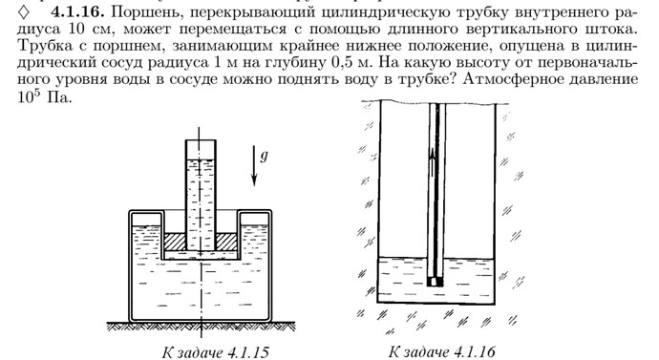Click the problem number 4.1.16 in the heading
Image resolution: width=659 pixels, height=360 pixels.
[x=77, y=11]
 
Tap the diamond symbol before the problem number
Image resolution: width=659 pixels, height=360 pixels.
[x=24, y=12]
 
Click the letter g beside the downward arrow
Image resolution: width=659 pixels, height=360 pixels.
[x=264, y=157]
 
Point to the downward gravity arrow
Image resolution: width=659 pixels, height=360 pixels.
[x=254, y=165]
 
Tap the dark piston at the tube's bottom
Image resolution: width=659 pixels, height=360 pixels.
[x=436, y=281]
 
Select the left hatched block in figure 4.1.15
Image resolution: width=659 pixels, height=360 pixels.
[x=175, y=242]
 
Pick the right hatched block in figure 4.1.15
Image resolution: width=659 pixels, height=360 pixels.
[x=226, y=242]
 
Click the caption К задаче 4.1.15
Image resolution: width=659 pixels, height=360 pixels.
[x=215, y=352]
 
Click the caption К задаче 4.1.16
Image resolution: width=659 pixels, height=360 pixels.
[x=441, y=351]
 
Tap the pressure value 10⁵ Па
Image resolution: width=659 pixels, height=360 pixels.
[x=45, y=97]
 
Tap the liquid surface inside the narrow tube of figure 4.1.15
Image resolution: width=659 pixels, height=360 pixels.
[x=201, y=159]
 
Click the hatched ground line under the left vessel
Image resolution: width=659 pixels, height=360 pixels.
[x=201, y=326]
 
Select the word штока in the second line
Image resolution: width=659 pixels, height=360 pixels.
[x=610, y=30]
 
